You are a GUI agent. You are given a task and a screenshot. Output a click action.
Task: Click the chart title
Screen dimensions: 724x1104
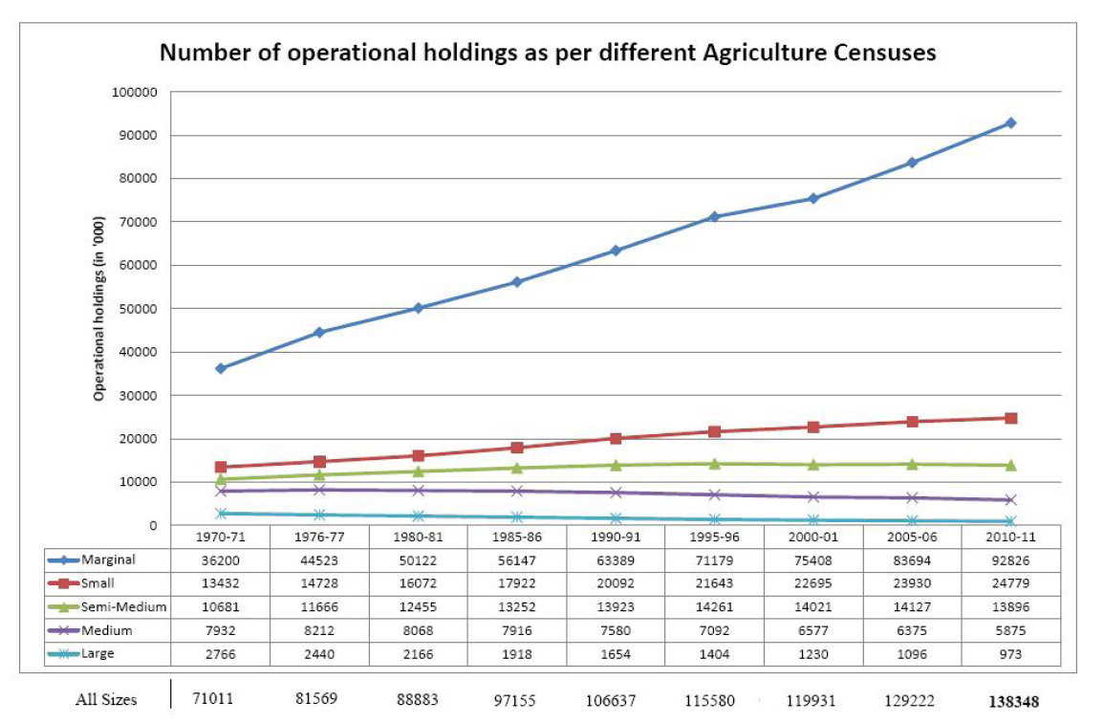[x=548, y=53]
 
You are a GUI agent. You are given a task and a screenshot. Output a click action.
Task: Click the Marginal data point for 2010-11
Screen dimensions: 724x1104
[x=1010, y=123]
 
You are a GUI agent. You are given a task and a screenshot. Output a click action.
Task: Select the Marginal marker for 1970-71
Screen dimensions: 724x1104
[x=221, y=368]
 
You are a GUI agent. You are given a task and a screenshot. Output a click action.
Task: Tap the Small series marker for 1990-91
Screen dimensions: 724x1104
[x=616, y=438]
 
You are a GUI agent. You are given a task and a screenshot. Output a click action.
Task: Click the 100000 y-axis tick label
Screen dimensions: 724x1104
[x=135, y=93]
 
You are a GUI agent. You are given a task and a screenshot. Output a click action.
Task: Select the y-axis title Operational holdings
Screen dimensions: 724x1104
[x=99, y=306]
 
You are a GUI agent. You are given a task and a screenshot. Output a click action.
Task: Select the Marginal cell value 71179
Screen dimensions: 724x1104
[x=715, y=561]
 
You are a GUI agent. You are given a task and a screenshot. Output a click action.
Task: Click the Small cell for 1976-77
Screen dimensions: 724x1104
[x=320, y=584]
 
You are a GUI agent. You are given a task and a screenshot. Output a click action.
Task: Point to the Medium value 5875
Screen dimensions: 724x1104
[x=1010, y=630]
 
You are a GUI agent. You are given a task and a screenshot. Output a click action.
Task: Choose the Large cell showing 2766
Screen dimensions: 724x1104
[x=221, y=653]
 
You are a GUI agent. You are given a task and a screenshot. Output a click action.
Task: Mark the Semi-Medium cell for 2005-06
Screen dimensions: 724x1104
[x=912, y=607]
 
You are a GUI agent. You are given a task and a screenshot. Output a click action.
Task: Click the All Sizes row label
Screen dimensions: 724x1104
[x=106, y=700]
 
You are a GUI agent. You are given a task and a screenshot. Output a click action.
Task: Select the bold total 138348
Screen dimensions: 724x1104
[x=1012, y=701]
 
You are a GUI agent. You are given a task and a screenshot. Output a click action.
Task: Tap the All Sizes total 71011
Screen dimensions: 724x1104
[x=214, y=699]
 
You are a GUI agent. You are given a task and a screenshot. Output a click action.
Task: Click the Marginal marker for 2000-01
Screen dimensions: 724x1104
[x=813, y=198]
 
